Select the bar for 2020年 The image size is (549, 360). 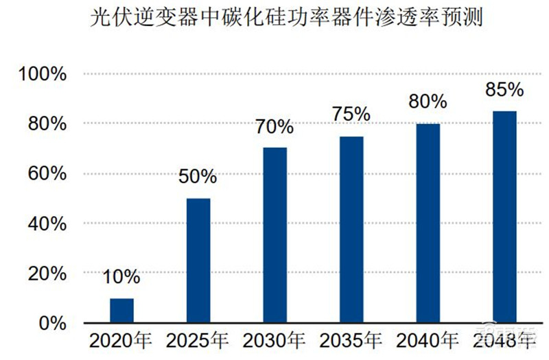pos(122,311)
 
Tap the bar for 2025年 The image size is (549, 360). pos(198,261)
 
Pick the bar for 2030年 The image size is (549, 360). pos(274,235)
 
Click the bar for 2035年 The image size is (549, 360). pos(351,230)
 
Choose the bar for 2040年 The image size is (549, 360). pos(428,224)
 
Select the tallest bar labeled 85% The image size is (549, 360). pos(504,217)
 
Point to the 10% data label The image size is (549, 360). pos(122,278)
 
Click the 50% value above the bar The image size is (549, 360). pos(198,177)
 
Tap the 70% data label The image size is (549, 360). pos(274,127)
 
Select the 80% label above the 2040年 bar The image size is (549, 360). pos(428,102)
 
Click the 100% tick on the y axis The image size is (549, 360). pos(43,74)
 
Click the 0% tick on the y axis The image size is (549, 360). pos(51,323)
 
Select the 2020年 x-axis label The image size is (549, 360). pos(122,340)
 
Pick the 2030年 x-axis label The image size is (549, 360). pos(274,340)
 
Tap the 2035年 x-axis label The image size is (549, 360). pos(351,340)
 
